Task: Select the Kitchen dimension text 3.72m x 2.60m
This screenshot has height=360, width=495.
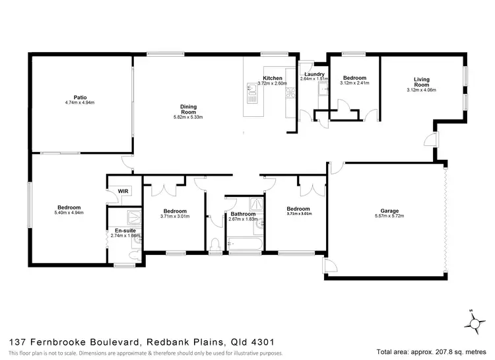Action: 273,83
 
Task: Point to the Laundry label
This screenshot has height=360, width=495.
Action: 313,73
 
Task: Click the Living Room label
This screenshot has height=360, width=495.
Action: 421,83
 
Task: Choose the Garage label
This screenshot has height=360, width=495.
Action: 388,210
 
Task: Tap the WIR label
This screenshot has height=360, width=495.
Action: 122,191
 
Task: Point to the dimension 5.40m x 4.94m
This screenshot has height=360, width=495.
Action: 69,213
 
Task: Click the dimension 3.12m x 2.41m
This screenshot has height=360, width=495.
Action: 354,83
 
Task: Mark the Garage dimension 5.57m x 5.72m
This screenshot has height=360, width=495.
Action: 388,216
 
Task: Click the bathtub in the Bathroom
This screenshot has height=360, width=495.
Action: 245,248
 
